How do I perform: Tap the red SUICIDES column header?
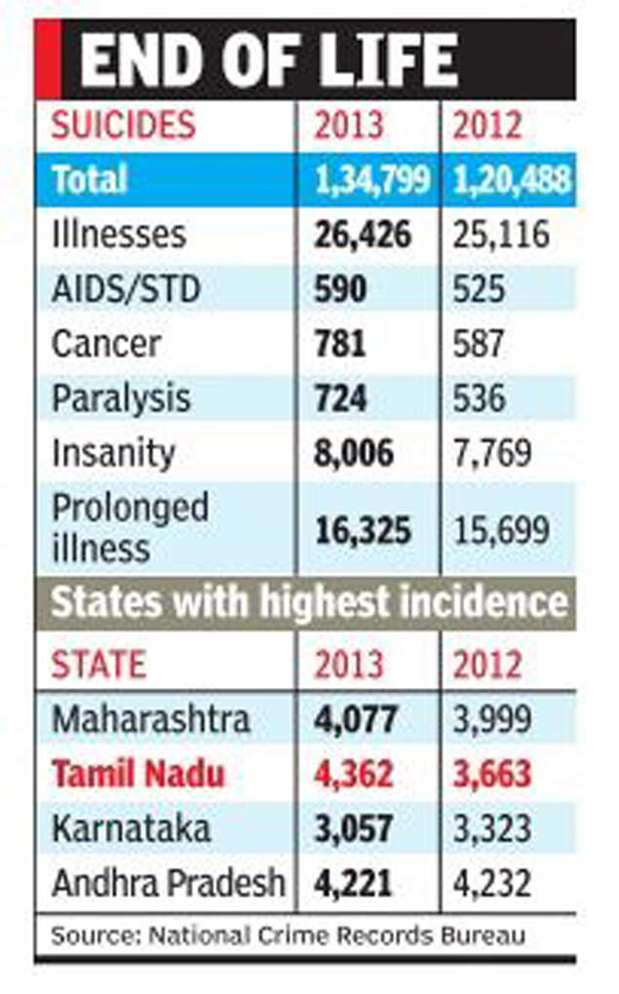click(x=123, y=126)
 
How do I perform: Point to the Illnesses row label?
click(x=118, y=235)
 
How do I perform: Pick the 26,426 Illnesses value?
click(x=363, y=235)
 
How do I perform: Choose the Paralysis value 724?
click(x=340, y=399)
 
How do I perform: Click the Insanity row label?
click(x=113, y=453)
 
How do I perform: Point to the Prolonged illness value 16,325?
click(x=363, y=530)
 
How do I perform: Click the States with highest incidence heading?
click(x=308, y=602)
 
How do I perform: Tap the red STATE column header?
click(x=98, y=665)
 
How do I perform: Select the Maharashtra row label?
click(x=151, y=720)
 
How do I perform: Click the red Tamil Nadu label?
click(x=137, y=775)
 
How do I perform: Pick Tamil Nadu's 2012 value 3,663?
click(x=493, y=775)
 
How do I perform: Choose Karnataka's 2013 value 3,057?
click(x=355, y=829)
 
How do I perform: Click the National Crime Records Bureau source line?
click(x=288, y=937)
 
